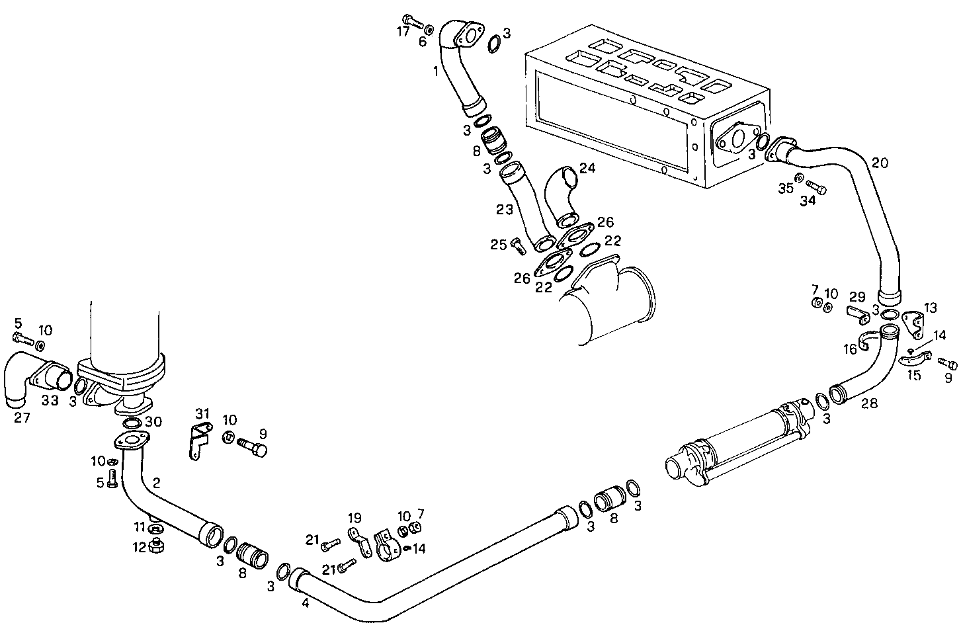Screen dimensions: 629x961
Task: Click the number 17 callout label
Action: [x=403, y=32]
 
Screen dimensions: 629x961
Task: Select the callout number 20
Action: [x=880, y=163]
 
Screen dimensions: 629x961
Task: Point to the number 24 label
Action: [x=587, y=168]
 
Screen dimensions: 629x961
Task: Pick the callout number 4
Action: [x=305, y=603]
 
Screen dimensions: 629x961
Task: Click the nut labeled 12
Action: [x=157, y=546]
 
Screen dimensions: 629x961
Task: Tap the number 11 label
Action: [x=139, y=527]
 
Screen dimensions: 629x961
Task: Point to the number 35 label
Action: [x=785, y=189]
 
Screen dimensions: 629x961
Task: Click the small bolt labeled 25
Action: [x=517, y=247]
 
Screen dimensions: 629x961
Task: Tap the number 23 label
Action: [x=505, y=210]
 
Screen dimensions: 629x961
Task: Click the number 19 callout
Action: [x=355, y=518]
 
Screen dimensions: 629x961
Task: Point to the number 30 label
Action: [x=153, y=421]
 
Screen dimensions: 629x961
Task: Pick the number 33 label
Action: [x=50, y=400]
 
